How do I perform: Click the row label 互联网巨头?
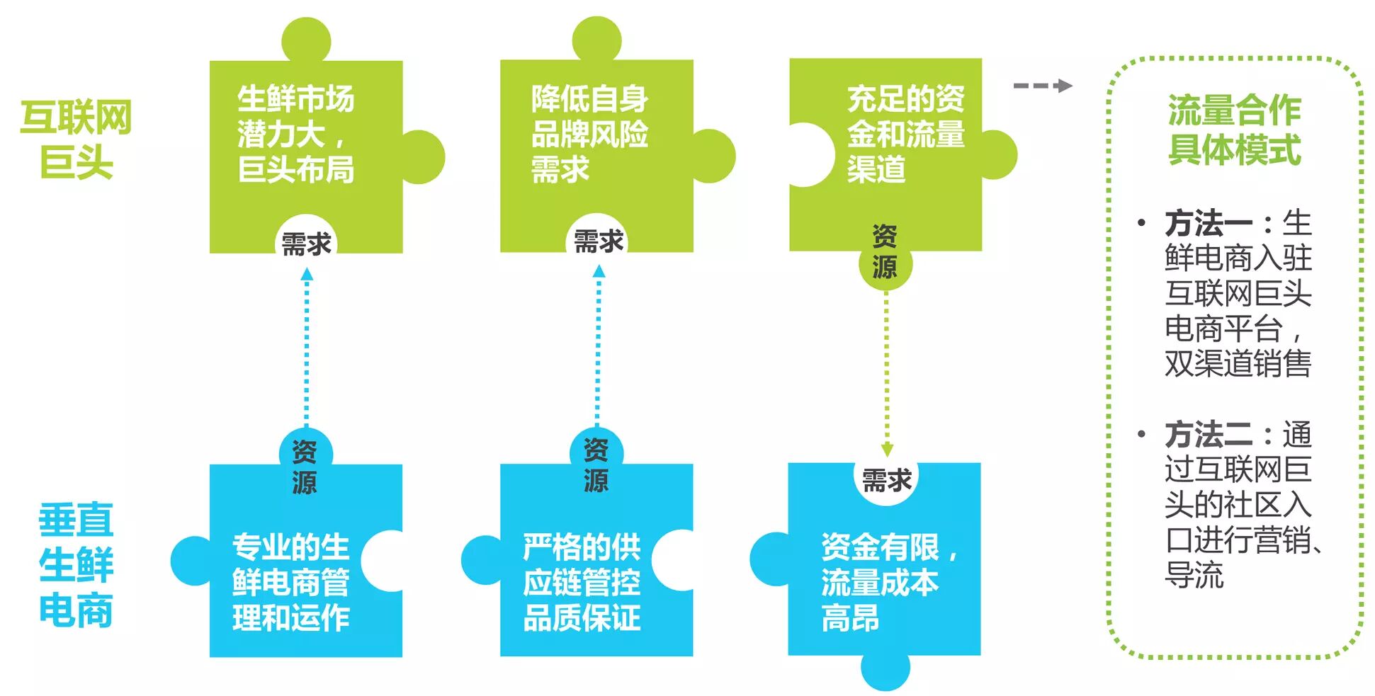coord(76,139)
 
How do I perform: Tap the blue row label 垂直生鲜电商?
coord(76,565)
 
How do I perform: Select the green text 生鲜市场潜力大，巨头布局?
coord(295,134)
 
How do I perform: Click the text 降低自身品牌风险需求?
coord(589,134)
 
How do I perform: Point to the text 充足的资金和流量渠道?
coord(905,134)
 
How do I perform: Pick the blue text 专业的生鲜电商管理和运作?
coord(290,582)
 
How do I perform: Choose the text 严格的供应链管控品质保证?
coord(582,582)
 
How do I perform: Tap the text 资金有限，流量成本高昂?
coord(889,582)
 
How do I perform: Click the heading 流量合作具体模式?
coord(1234,130)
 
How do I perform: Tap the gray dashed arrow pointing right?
coord(1042,86)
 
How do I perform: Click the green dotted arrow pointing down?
coord(886,375)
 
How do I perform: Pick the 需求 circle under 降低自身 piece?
coord(598,241)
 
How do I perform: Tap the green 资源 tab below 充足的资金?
coord(885,253)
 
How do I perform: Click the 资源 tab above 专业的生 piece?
coord(305,466)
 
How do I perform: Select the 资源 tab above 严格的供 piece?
coord(596,464)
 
